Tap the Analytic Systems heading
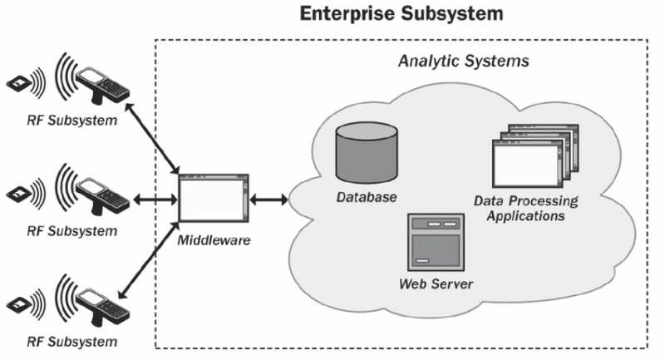(x=464, y=62)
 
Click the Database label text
(x=367, y=198)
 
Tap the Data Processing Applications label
(x=525, y=209)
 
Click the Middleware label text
(x=214, y=240)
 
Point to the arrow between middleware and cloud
(x=268, y=200)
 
